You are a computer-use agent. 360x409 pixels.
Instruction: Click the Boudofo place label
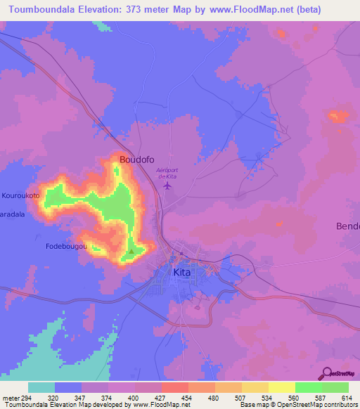point(136,160)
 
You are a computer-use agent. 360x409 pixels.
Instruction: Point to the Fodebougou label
point(65,247)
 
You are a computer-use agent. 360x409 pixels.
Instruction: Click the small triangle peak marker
point(131,251)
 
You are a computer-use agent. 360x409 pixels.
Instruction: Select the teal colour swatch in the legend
point(41,387)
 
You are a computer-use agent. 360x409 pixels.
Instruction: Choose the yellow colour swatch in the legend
point(282,387)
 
